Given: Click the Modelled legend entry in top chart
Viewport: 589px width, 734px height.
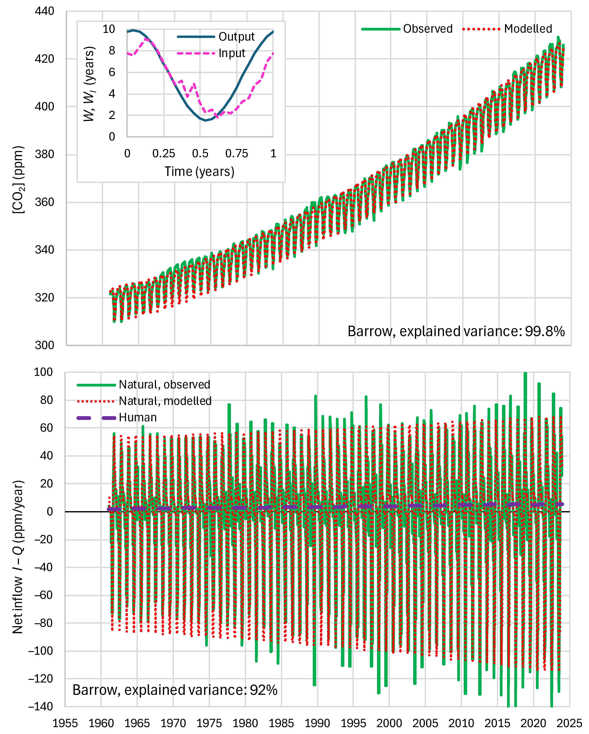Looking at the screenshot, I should pyautogui.click(x=528, y=29).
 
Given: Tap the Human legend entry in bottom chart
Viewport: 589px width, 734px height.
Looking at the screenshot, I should pyautogui.click(x=137, y=417).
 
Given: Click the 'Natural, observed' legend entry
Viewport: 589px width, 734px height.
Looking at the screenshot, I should pyautogui.click(x=164, y=385).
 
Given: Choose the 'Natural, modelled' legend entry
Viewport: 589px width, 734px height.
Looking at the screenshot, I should pyautogui.click(x=165, y=401).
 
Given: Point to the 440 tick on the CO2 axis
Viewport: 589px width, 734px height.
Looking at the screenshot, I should pyautogui.click(x=44, y=11).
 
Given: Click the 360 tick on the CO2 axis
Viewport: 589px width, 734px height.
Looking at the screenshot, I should pyautogui.click(x=44, y=202).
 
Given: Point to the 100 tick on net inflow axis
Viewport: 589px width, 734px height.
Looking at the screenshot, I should pyautogui.click(x=43, y=372).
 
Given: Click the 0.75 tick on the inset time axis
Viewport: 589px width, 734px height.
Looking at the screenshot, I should pyautogui.click(x=237, y=154).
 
